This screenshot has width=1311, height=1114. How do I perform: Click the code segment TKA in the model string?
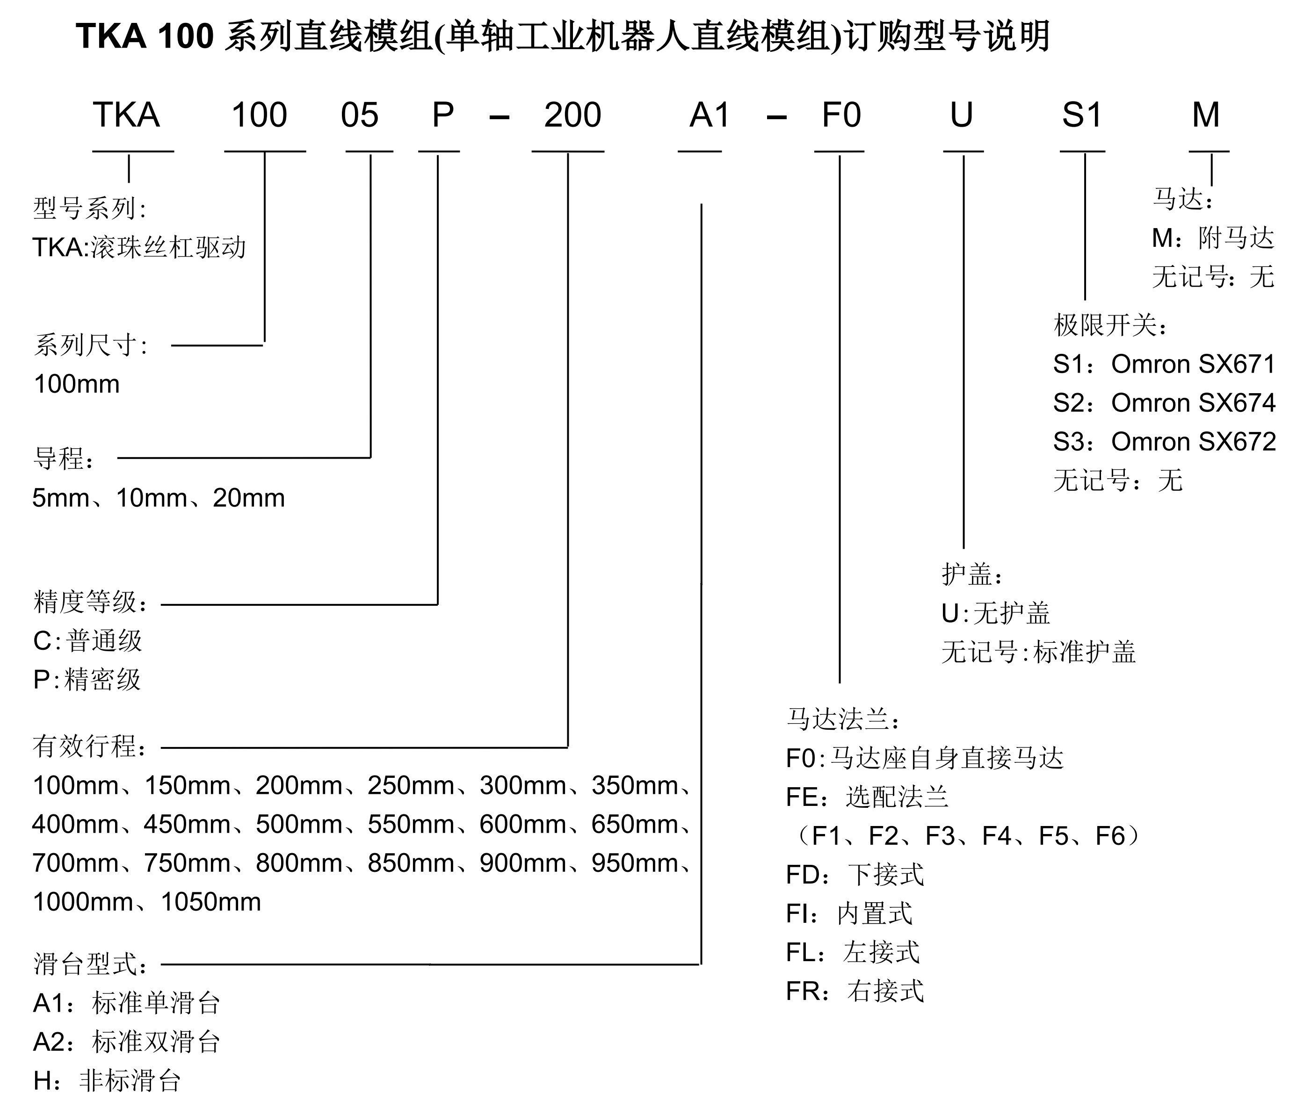click(126, 115)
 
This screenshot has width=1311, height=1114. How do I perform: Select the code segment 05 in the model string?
click(360, 115)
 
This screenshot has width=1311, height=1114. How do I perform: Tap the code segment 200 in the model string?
click(572, 115)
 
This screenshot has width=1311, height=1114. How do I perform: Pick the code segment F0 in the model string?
click(841, 115)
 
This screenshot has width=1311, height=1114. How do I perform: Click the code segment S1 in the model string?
click(1082, 115)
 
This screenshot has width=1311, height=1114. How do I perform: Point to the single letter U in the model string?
click(961, 115)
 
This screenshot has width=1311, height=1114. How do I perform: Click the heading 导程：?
click(63, 459)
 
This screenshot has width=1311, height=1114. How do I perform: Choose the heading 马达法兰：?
click(843, 719)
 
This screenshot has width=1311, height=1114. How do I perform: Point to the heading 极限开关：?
click(1110, 326)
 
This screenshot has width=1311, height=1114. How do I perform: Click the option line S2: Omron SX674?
click(1164, 403)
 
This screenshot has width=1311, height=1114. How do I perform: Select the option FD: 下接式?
click(855, 875)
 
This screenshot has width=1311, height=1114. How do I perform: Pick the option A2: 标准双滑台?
click(126, 1042)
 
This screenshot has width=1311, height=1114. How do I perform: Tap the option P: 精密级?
click(87, 680)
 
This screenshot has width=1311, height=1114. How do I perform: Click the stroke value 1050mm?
click(210, 902)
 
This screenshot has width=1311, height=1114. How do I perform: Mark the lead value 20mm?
click(249, 499)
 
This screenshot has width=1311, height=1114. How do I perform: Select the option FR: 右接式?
click(855, 992)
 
